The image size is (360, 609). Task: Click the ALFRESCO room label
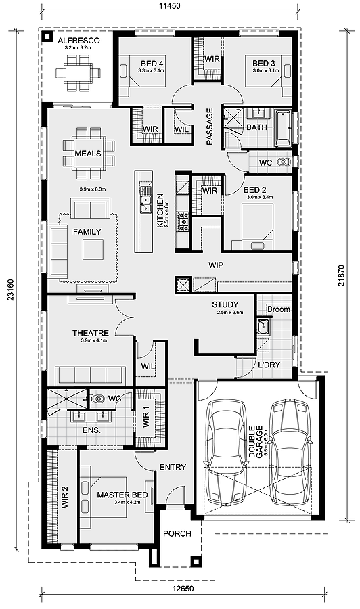click(x=79, y=41)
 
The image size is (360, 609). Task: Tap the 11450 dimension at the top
click(x=170, y=6)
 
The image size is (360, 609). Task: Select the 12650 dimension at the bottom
click(x=183, y=589)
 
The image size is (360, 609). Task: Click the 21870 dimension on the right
click(x=341, y=276)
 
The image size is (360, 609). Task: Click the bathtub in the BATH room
click(x=283, y=128)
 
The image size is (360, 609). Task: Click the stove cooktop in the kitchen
click(x=183, y=222)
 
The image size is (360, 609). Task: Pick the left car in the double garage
click(x=227, y=453)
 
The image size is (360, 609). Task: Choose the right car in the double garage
click(x=290, y=453)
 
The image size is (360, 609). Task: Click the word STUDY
click(x=225, y=305)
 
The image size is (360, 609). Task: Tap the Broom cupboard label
click(x=279, y=309)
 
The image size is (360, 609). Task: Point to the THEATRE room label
click(x=91, y=333)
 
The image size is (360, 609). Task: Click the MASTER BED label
click(x=122, y=495)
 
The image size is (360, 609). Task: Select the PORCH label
click(x=177, y=533)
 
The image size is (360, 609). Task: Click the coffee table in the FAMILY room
click(x=93, y=249)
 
